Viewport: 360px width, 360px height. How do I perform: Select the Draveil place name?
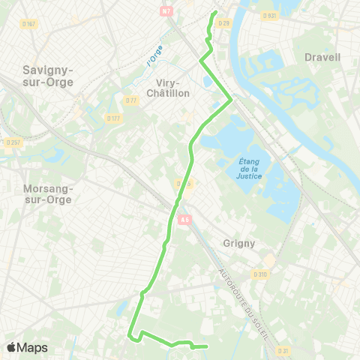click(322, 57)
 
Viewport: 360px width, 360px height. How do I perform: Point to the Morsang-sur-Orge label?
click(46, 193)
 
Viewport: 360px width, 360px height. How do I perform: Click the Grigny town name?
click(239, 243)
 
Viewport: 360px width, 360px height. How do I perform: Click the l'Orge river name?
click(154, 55)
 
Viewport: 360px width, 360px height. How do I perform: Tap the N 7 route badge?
click(166, 10)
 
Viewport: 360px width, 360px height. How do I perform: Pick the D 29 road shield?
click(223, 24)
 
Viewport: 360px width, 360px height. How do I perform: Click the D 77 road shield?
click(132, 100)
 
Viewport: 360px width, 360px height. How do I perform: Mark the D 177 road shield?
click(113, 118)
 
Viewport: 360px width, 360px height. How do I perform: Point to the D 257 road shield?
click(13, 142)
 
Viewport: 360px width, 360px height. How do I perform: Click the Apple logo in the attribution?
click(11, 347)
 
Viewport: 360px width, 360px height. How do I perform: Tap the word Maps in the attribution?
click(32, 348)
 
